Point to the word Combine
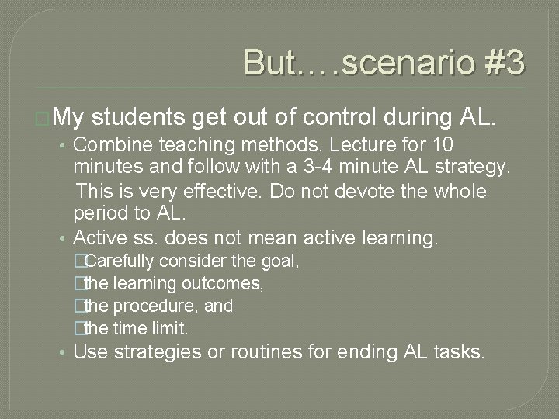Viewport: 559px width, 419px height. tap(109, 145)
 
